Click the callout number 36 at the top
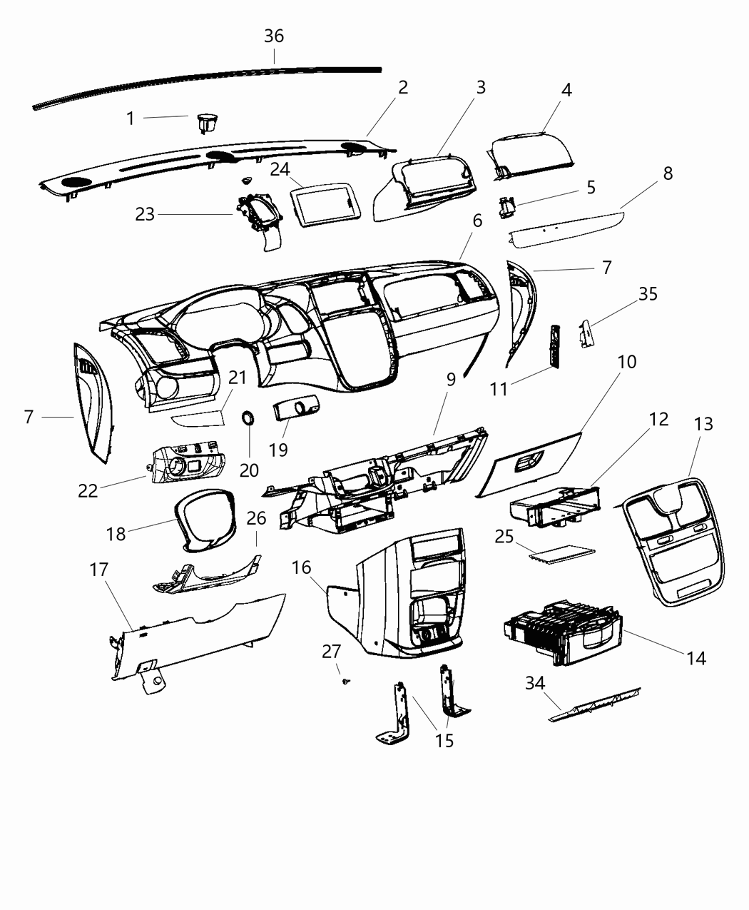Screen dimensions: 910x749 (x=274, y=36)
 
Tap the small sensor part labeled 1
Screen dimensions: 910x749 (x=207, y=123)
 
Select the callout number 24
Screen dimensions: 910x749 (x=280, y=170)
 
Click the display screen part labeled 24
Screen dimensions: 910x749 (x=325, y=202)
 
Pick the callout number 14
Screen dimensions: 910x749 (x=695, y=658)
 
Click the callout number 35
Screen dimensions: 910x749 (x=648, y=294)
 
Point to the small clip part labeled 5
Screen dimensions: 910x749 (x=507, y=206)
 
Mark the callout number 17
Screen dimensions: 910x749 (x=99, y=570)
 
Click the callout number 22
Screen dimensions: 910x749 (x=88, y=491)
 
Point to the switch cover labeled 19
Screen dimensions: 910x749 (x=295, y=413)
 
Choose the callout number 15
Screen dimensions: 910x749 (x=444, y=741)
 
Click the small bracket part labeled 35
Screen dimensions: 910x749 (x=587, y=333)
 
